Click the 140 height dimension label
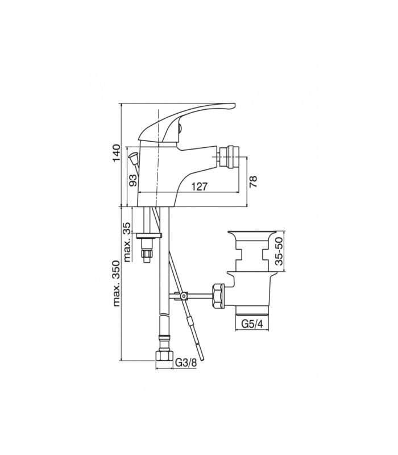[116, 153]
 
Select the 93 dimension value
[132, 180]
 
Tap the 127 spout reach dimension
[200, 187]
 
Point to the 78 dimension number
[253, 181]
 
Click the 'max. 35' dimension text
[127, 242]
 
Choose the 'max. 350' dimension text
[116, 283]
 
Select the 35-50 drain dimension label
[279, 251]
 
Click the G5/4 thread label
[252, 324]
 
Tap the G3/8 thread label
[186, 362]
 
